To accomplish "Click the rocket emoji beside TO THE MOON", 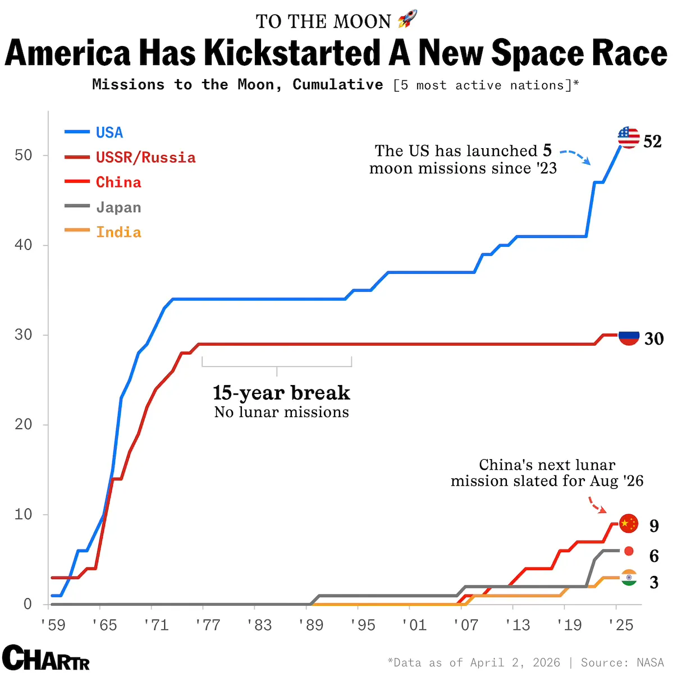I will tap(408, 20).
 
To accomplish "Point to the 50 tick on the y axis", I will tap(24, 155).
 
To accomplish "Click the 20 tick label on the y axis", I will tap(24, 424).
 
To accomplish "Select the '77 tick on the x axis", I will tap(208, 625).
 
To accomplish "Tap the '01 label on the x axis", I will tap(414, 625).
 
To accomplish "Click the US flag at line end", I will tap(628, 138).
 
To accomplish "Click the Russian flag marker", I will tap(629, 337).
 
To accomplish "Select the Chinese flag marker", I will tap(629, 524).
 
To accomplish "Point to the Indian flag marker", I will tap(629, 578).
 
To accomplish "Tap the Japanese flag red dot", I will tap(629, 551).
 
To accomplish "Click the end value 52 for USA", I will tap(652, 141).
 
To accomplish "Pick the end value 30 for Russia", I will tap(653, 339).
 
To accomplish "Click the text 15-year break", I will tap(281, 392).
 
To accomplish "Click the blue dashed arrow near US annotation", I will tap(576, 157).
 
